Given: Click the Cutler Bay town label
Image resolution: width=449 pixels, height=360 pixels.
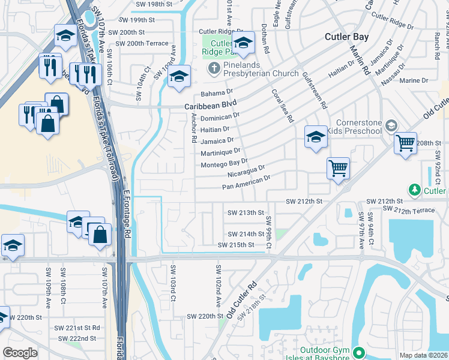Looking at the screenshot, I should [x=347, y=37].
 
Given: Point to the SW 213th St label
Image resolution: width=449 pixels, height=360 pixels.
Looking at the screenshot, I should [x=246, y=212].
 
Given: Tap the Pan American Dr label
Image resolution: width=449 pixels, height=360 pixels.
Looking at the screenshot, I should [x=247, y=182].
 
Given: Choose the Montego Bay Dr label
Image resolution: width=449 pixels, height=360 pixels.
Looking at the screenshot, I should [x=224, y=163].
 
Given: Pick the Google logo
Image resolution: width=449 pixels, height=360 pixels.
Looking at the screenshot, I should [x=20, y=352].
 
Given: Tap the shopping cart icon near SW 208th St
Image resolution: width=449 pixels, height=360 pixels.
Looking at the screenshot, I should [x=406, y=142].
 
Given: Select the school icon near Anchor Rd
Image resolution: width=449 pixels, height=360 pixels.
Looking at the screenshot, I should [x=178, y=76].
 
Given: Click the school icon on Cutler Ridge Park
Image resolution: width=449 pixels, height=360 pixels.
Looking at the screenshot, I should [x=243, y=43].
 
